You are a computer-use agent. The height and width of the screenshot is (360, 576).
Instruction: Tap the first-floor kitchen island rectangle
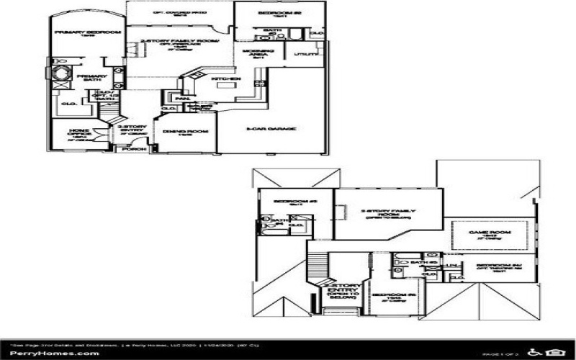tap(228, 85)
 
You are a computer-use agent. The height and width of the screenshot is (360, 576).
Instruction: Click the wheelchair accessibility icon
tap(536, 352)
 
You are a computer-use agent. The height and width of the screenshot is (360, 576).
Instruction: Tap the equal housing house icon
tap(554, 352)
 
